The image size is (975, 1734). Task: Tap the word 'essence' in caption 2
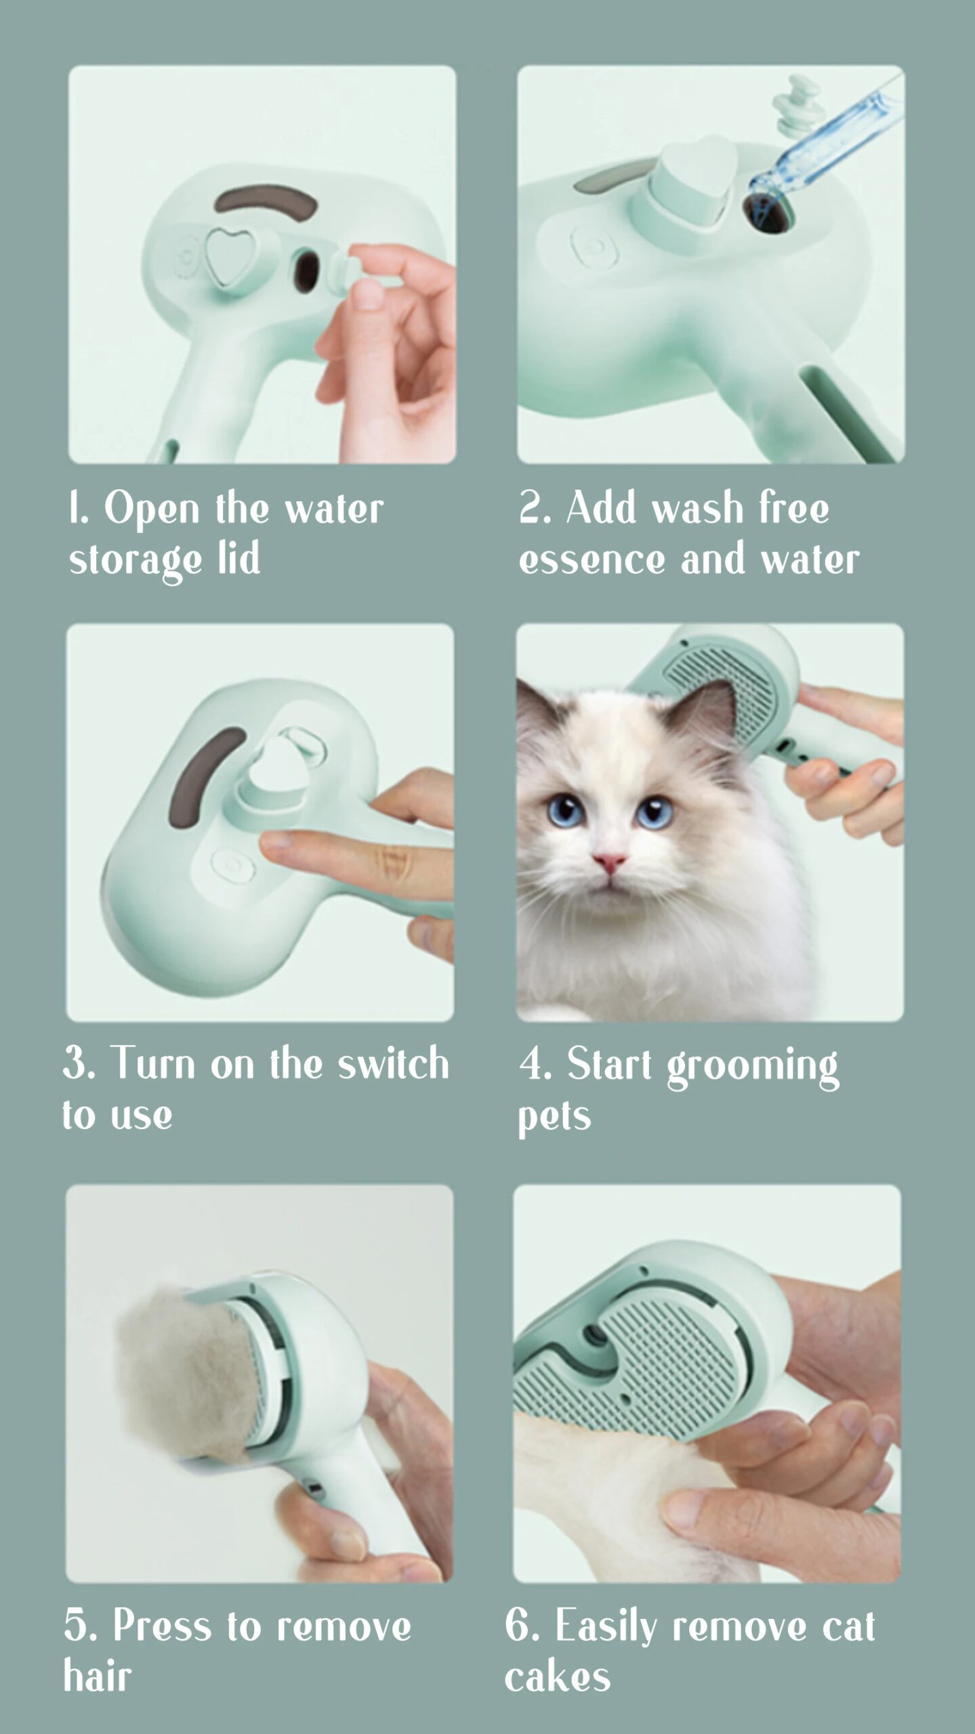coord(592,560)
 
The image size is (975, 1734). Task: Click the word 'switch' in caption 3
coord(393,1063)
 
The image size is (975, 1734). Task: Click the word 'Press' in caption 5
coord(162,1626)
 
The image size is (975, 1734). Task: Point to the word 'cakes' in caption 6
coord(557,1678)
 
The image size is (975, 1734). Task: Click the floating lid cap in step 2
coord(790,106)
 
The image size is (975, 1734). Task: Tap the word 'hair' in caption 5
coord(98,1678)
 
